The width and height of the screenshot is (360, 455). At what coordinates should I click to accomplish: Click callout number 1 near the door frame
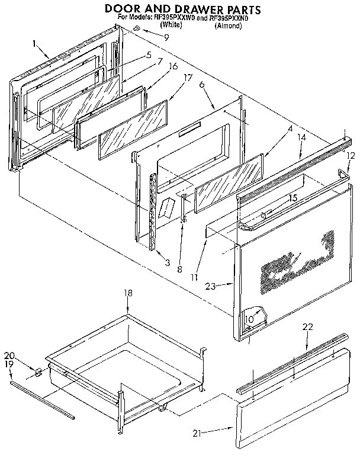36,43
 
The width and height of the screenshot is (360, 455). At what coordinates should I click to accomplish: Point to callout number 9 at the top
166,37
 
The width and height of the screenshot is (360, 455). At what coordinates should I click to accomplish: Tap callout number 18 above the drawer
127,293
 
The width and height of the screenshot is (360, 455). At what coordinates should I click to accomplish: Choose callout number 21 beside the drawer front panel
198,434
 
